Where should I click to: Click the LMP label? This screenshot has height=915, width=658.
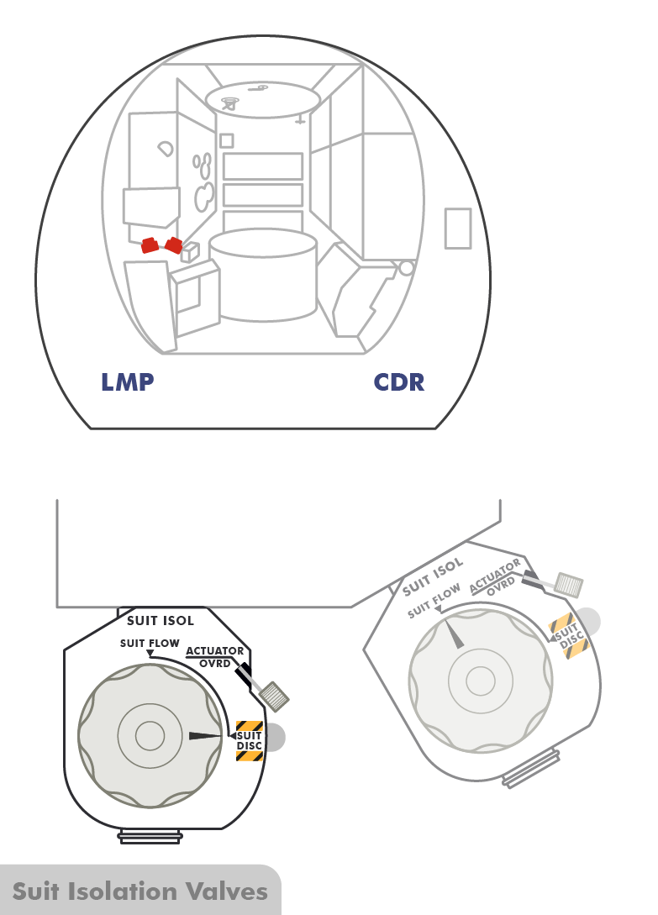(x=128, y=383)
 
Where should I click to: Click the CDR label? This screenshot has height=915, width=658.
(x=399, y=383)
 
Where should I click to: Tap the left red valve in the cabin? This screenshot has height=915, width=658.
(x=150, y=245)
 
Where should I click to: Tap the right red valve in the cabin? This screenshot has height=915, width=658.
(x=174, y=245)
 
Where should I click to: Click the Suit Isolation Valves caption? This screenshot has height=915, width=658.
(x=139, y=891)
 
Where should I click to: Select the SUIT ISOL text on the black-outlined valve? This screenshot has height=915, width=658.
(x=160, y=622)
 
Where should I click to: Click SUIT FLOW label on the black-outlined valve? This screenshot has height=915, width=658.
(x=150, y=644)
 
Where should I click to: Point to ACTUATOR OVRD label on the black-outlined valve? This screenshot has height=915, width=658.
(x=215, y=656)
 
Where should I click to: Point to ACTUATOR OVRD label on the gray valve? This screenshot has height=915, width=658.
(x=496, y=575)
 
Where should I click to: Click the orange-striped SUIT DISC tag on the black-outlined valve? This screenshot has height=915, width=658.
(x=250, y=740)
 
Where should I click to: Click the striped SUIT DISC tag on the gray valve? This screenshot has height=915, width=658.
(x=566, y=637)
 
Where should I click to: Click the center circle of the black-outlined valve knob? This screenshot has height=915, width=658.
(x=150, y=736)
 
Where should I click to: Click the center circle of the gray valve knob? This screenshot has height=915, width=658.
(x=480, y=678)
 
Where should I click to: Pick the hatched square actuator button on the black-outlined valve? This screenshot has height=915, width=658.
(x=275, y=696)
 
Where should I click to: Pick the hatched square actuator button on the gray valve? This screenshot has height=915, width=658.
(x=570, y=584)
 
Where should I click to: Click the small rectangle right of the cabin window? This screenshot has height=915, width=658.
(x=458, y=228)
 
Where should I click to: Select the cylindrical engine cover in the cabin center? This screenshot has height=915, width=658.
(x=262, y=277)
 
